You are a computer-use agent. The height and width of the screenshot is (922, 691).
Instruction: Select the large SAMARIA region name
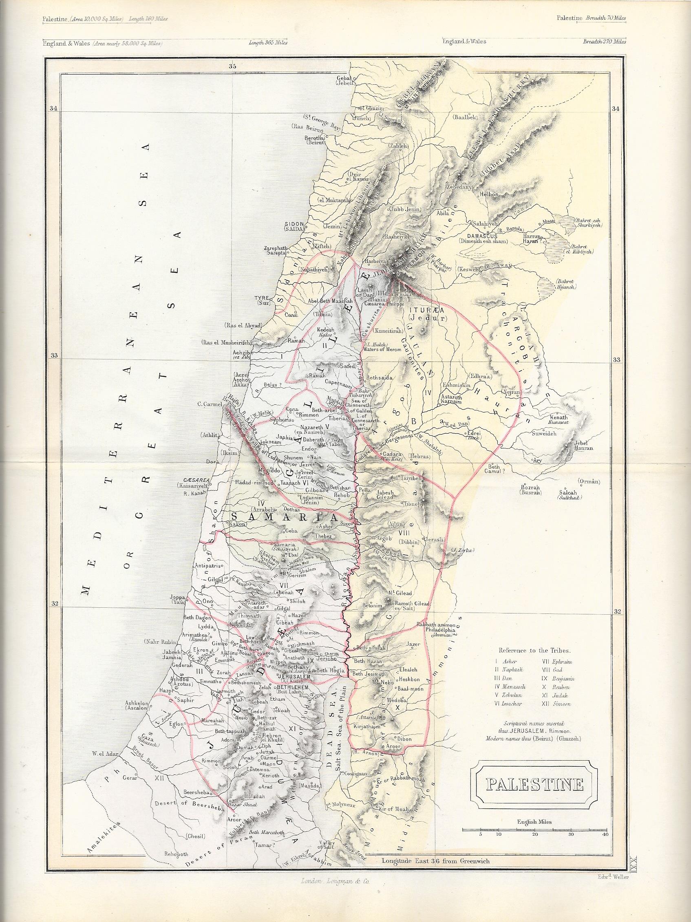[x=282, y=518]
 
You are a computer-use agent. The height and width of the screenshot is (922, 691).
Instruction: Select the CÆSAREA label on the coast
[x=192, y=480]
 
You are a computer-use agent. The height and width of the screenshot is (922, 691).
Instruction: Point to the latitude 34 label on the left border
[x=53, y=109]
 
